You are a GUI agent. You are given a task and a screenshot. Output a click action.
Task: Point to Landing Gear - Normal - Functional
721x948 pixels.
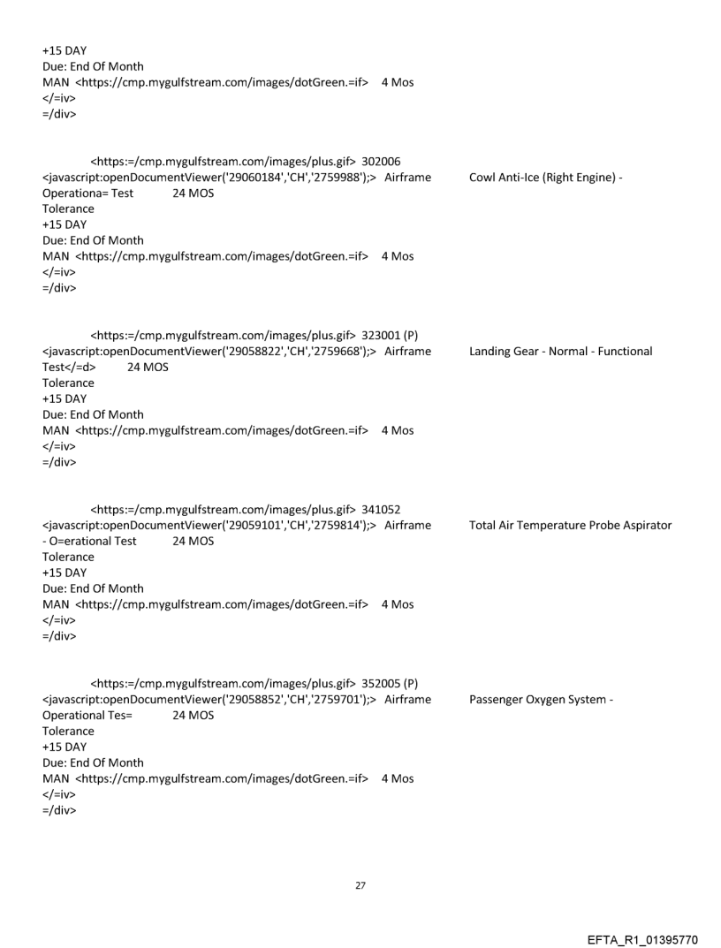coord(561,352)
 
